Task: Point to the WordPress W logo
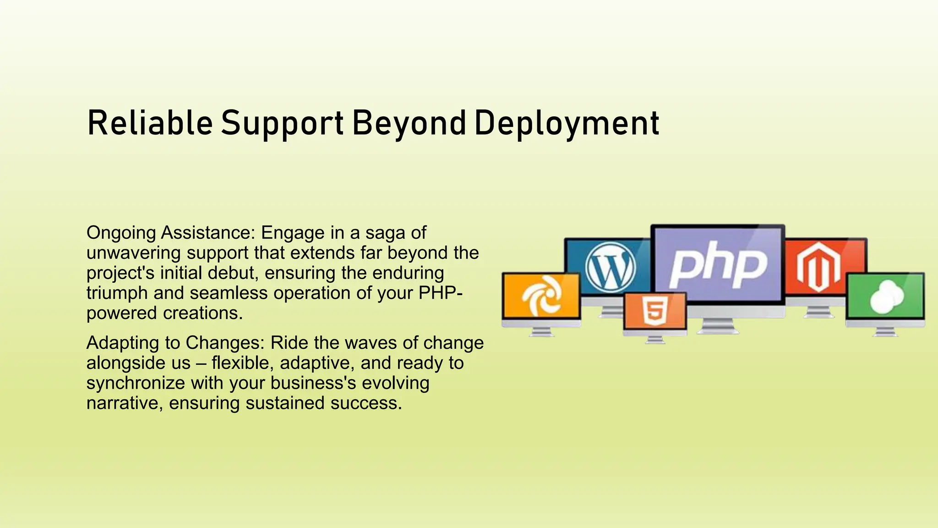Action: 610,267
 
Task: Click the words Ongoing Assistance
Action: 170,233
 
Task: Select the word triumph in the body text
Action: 117,293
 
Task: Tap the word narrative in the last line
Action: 122,403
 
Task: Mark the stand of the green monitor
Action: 885,331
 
